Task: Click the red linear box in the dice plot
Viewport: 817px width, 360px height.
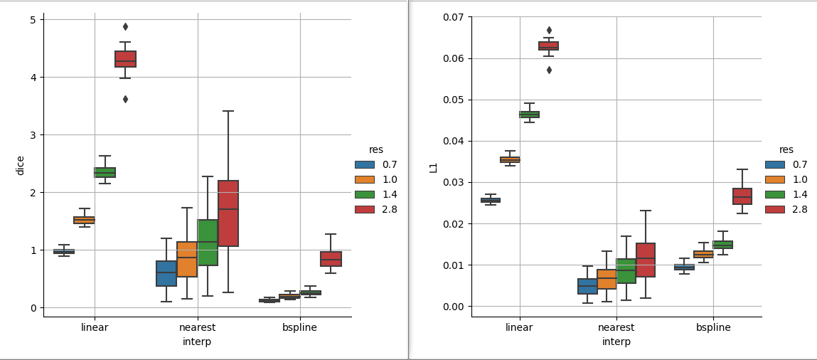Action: click(x=125, y=59)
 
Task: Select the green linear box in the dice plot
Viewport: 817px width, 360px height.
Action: click(x=105, y=172)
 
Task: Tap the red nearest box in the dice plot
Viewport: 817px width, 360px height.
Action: click(x=228, y=213)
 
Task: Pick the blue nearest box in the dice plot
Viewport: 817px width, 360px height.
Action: click(x=166, y=273)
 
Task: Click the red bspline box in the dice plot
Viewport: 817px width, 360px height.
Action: click(x=331, y=259)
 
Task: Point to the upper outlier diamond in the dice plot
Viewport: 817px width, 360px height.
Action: click(x=125, y=26)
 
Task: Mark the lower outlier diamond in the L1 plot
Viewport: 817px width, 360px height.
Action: click(x=549, y=70)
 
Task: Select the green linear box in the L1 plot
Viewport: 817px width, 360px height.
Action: click(x=529, y=115)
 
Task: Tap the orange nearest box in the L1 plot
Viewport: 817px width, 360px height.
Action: click(x=607, y=279)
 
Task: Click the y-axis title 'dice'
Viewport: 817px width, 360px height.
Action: click(x=21, y=165)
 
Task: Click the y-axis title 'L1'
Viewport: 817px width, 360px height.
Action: click(x=433, y=167)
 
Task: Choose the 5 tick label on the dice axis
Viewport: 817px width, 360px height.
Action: click(x=33, y=20)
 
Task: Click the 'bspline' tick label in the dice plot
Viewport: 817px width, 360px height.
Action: click(x=299, y=328)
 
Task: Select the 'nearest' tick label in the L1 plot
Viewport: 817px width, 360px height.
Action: click(x=616, y=328)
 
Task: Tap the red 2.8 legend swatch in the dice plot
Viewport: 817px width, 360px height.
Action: click(x=364, y=209)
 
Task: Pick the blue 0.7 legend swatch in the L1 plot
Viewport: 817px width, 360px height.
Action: click(x=774, y=164)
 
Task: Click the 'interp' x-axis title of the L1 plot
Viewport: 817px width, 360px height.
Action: click(x=616, y=342)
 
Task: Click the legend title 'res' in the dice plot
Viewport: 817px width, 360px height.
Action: click(x=375, y=149)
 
